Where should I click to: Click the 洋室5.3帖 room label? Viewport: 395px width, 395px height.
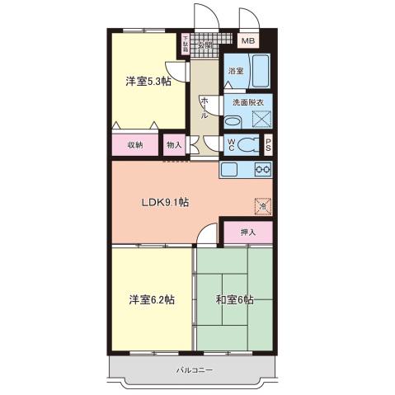click(148, 81)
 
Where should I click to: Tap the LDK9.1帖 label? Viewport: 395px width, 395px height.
click(165, 203)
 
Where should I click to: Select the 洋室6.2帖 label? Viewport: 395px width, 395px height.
click(150, 299)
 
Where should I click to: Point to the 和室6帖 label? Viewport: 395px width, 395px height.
click(235, 299)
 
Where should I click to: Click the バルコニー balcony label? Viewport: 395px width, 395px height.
click(195, 370)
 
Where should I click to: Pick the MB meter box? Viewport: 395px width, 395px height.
click(247, 40)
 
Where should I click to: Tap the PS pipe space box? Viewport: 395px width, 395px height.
click(268, 145)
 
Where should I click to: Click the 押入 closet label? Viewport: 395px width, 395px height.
click(248, 233)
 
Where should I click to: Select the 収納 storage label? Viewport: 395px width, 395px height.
click(135, 145)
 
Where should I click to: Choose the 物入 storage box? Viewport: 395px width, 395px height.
click(174, 145)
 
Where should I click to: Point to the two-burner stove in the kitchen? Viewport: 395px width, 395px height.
click(263, 170)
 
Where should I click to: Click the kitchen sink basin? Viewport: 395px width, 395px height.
click(228, 170)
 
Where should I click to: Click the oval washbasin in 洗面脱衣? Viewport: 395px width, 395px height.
click(233, 120)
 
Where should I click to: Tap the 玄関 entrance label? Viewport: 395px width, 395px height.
click(203, 45)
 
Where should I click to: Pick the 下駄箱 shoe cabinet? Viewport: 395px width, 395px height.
click(186, 44)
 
